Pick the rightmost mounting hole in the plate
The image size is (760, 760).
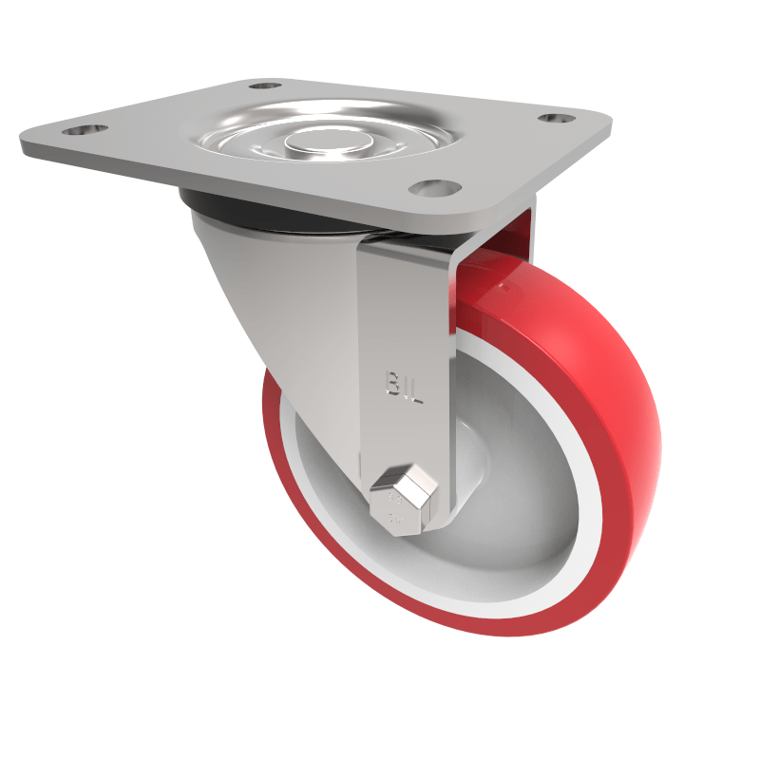coord(556,119)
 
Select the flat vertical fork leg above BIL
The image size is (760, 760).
coord(404,304)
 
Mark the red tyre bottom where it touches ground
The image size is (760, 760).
coord(532,627)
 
